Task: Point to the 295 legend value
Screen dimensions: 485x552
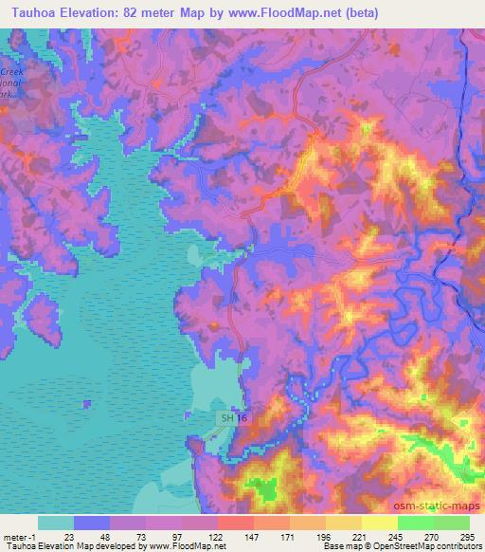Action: (x=468, y=537)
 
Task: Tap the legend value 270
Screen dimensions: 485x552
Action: (x=432, y=537)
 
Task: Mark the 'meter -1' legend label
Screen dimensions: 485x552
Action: (x=20, y=537)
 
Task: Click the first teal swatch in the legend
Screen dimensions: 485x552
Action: (x=56, y=523)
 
